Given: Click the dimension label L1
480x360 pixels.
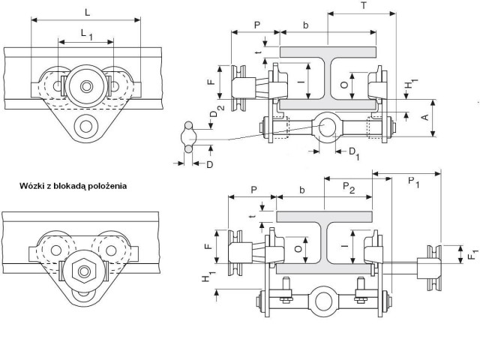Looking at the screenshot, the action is pos(87,34).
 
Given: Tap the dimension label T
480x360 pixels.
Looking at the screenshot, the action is pos(364,6).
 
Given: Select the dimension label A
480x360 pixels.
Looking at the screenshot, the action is pos(425,117).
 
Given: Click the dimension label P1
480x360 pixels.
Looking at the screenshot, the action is pos(413,181).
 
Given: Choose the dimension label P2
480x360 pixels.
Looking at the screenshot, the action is pos(349,187).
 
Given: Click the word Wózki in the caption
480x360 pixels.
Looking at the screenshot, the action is pos(32,186).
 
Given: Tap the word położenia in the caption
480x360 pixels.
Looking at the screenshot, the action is pos(107,186).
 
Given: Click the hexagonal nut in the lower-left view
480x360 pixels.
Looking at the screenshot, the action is pos(83,270).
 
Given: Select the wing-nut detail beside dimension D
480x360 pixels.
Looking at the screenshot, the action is pos(188,136).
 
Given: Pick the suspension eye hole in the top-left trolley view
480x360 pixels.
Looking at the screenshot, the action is pos(85,126).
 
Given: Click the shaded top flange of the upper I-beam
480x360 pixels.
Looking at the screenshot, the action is pos(328,52).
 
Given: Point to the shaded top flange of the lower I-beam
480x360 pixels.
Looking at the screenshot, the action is pos(324,217).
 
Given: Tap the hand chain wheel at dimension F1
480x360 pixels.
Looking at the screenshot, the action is pos(434,268).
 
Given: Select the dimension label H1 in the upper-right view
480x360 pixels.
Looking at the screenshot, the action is pos(410,84).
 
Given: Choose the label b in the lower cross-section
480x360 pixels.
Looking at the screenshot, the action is pos(301,190).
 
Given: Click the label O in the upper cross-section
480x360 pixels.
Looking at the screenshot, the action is pos(344,85).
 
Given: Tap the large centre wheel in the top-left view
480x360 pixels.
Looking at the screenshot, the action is pos(86,86).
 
